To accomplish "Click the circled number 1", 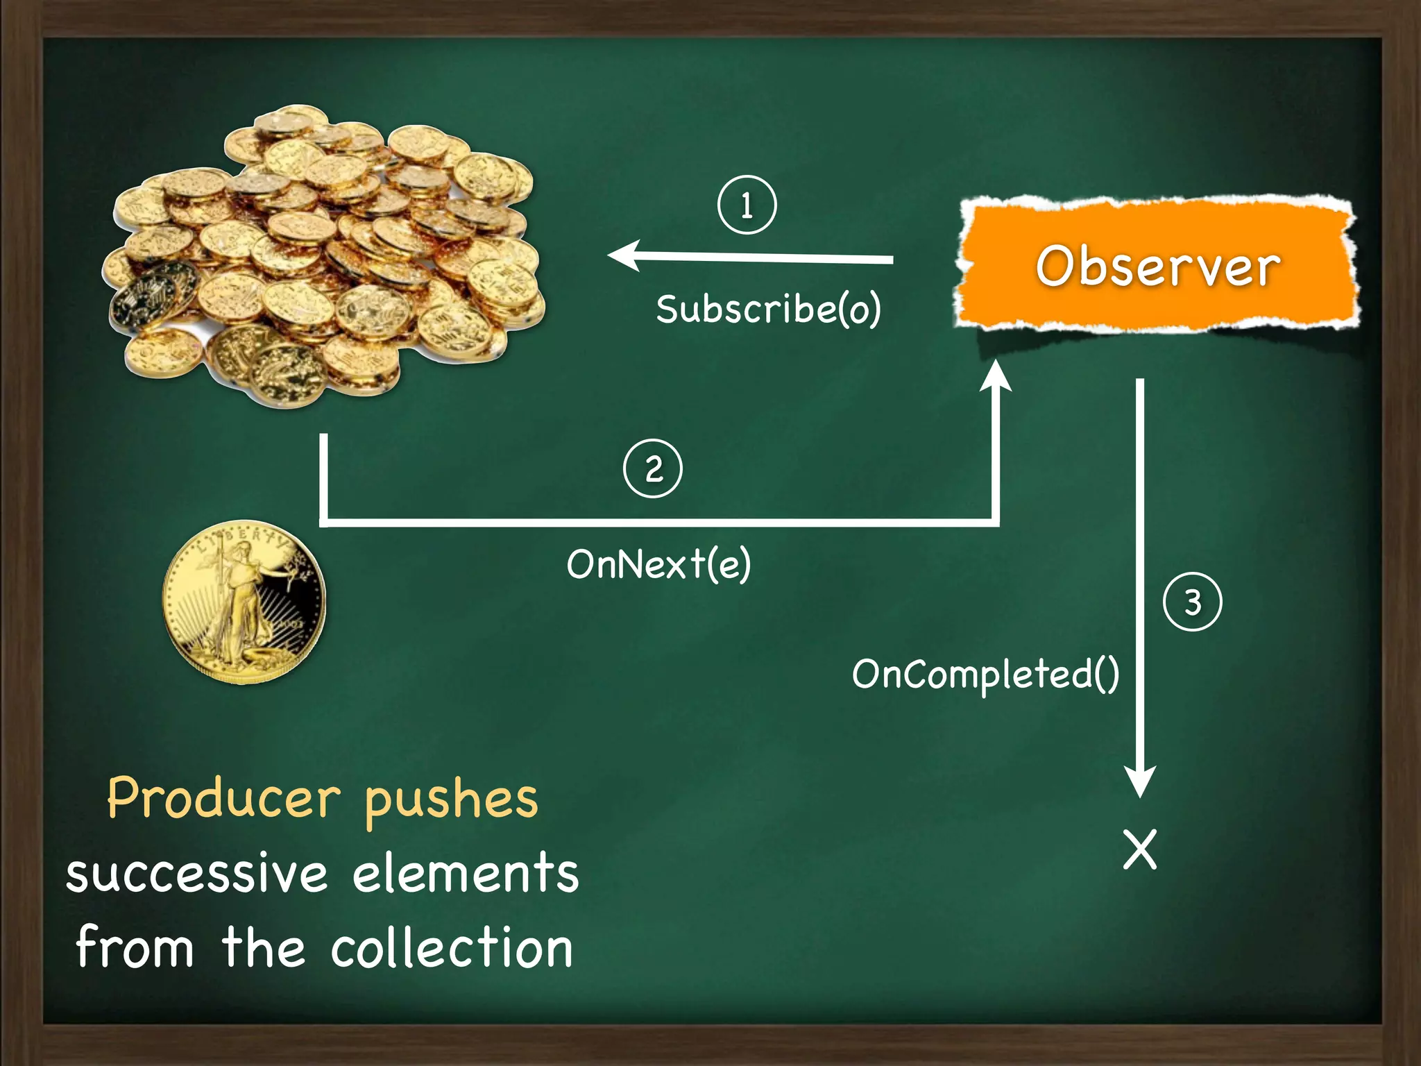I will click(x=747, y=205).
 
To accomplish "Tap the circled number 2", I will click(x=653, y=468).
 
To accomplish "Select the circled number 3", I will click(x=1192, y=602).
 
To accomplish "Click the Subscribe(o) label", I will click(x=768, y=309).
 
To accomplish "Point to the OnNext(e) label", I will click(x=658, y=564).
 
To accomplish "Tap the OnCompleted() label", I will click(x=985, y=674).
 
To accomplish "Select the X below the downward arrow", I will click(x=1140, y=849).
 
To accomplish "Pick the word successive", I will click(x=197, y=874).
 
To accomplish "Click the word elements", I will click(x=466, y=873).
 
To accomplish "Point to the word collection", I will click(x=452, y=948).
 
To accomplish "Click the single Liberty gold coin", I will click(x=244, y=602).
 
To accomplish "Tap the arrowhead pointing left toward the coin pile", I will click(x=623, y=256).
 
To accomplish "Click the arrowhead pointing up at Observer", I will click(x=996, y=376).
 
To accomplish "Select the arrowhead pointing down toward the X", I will click(x=1139, y=782).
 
